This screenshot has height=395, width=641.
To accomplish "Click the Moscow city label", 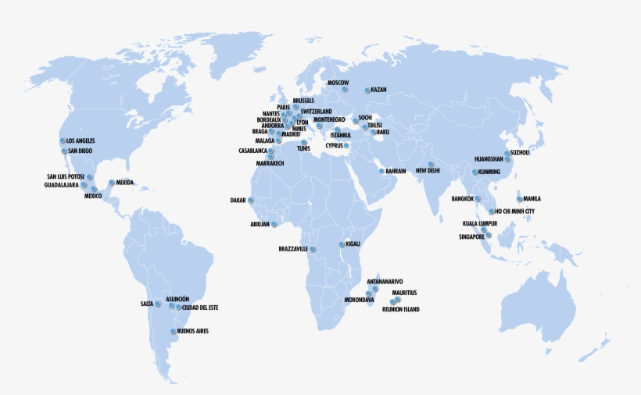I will point(338,82).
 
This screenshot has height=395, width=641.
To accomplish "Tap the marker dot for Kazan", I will point(367,90).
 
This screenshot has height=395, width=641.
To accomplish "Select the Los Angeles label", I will point(81,141).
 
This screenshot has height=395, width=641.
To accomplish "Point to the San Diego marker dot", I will point(64,151).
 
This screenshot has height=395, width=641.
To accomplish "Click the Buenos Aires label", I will point(193,331).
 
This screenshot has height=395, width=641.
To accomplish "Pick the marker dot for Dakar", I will point(252,201).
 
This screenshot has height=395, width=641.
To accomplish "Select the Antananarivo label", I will point(385,281).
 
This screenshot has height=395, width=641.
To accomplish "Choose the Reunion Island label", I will point(400,310).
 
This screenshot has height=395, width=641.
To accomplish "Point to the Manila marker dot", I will point(518,199).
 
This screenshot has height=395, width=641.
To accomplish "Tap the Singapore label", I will point(472,237).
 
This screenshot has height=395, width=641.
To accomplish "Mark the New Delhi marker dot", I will point(431,164).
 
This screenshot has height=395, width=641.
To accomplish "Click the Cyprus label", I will point(334,145).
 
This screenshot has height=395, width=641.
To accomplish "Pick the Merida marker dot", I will point(111,183).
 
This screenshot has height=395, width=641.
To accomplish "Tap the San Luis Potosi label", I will point(66,176).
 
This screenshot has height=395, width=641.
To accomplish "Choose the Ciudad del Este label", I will point(200,308).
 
